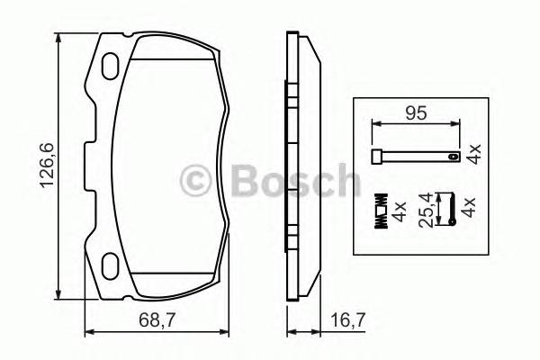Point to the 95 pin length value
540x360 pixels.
(x=414, y=114)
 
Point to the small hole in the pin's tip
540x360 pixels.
(x=445, y=158)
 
